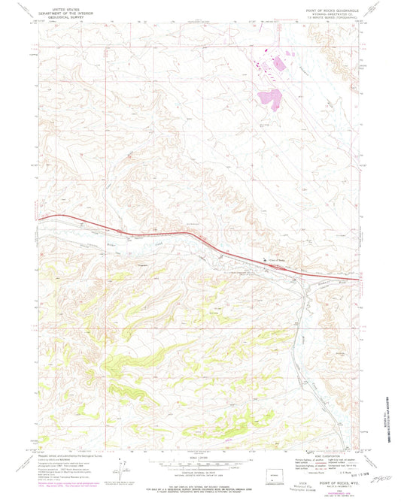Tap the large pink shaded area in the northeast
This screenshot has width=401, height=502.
[269, 97]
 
